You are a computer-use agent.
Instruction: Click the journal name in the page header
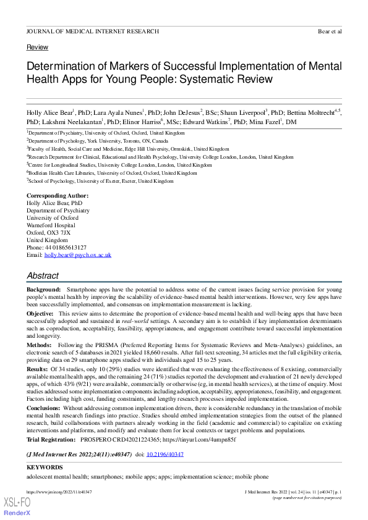[92, 31]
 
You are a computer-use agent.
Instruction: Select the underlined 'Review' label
[37, 48]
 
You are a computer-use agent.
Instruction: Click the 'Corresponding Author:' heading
[58, 196]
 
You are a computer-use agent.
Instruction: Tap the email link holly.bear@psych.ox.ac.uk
[77, 255]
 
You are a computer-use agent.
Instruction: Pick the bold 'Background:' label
[43, 290]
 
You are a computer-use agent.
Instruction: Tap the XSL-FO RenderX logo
[17, 506]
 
